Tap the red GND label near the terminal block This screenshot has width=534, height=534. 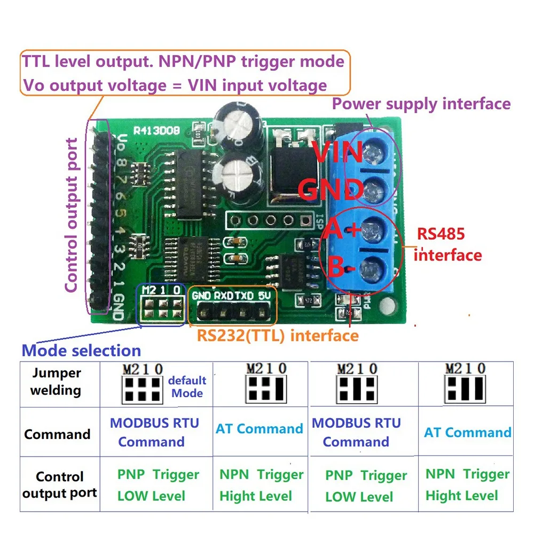coord(331,189)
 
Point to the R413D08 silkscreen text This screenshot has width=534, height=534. coord(156,130)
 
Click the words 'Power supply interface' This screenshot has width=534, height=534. coord(421,104)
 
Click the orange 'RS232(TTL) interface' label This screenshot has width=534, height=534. coord(278,335)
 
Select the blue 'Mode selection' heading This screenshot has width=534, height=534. coord(81,351)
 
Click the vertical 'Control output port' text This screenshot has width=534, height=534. coord(72,215)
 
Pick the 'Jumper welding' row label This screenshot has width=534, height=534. coord(56,381)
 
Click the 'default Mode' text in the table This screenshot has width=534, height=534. coord(187,387)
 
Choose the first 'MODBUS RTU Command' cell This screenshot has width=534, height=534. coord(154,432)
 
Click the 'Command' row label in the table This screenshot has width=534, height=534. coord(57,434)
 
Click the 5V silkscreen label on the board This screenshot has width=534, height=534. coord(262,295)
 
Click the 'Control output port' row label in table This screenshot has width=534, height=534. coord(59,484)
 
